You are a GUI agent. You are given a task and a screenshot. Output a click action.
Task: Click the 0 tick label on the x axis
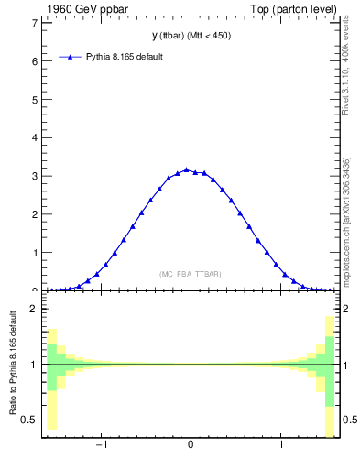click(191, 446)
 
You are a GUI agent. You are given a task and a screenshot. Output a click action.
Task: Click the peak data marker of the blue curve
click(186, 169)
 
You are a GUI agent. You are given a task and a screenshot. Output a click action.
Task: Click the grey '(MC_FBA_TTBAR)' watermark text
click(191, 274)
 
